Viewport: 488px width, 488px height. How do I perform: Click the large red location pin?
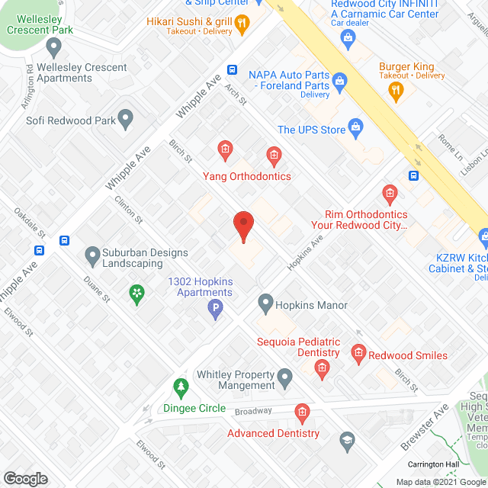pyautogui.click(x=242, y=226)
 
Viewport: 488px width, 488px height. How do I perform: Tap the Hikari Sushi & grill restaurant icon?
pyautogui.click(x=242, y=23)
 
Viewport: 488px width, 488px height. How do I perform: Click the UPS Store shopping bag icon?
pyautogui.click(x=355, y=127)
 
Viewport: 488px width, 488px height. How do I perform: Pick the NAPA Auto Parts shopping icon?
pyautogui.click(x=340, y=79)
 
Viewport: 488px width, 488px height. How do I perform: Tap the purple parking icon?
pyautogui.click(x=216, y=309)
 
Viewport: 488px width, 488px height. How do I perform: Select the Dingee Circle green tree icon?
pyautogui.click(x=181, y=387)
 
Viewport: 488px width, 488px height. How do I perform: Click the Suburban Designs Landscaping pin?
pyautogui.click(x=92, y=254)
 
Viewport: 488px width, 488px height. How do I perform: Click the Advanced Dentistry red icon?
pyautogui.click(x=302, y=413)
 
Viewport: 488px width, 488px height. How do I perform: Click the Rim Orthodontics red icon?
pyautogui.click(x=390, y=192)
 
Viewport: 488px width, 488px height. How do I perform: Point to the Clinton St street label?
pyautogui.click(x=128, y=208)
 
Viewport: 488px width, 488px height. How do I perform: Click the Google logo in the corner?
pyautogui.click(x=25, y=478)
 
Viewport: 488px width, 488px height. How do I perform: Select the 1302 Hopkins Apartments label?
pyautogui.click(x=201, y=287)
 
